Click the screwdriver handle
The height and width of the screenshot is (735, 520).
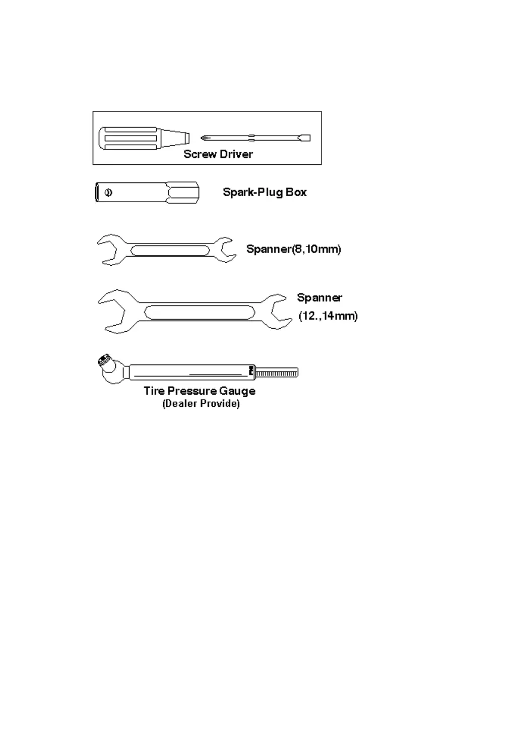point(129,138)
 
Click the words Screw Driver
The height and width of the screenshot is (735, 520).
point(218,154)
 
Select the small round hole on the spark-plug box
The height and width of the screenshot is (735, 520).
point(108,192)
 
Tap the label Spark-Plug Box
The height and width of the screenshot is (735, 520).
point(265,192)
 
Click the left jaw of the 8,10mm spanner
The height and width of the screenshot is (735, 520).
point(109,250)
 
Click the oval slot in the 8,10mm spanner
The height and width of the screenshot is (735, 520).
point(170,251)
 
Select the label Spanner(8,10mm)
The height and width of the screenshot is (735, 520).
point(293,249)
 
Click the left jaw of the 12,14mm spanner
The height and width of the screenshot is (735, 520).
point(113,312)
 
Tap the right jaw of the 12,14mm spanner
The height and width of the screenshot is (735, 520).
point(279,312)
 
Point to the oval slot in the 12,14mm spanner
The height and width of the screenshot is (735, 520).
point(200,312)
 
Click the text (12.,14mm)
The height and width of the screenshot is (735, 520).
point(328,316)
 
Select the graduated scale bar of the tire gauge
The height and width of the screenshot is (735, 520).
point(277,373)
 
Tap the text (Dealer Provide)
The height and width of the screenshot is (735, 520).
point(201,404)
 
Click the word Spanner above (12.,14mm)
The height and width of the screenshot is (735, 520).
point(319,298)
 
